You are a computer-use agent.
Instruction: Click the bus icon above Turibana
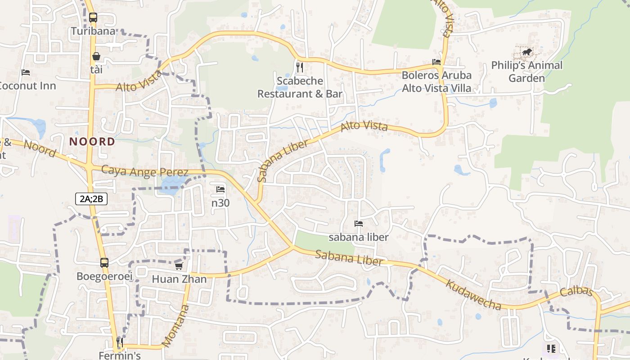coord(93,18)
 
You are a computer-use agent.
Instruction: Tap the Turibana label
coord(93,31)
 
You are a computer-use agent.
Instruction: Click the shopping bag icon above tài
coord(96,56)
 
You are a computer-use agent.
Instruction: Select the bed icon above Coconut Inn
coord(26,72)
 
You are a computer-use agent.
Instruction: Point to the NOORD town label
coord(92,142)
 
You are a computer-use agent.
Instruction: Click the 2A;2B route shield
coord(91,199)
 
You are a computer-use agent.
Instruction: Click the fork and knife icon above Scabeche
coord(300,67)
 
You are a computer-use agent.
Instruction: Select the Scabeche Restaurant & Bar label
coord(300,87)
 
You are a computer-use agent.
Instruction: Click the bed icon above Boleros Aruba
coord(436,62)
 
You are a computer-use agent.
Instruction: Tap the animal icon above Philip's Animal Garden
coord(526,52)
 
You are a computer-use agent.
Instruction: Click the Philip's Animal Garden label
coord(526,72)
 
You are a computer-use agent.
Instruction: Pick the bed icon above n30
coord(220,189)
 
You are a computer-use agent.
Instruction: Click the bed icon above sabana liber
coord(359,223)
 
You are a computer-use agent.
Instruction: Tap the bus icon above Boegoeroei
coord(104,262)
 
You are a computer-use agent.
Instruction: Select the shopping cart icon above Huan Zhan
coord(179,266)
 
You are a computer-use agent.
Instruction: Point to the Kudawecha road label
coord(473,295)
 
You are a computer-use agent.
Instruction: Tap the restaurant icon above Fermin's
coord(120,342)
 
